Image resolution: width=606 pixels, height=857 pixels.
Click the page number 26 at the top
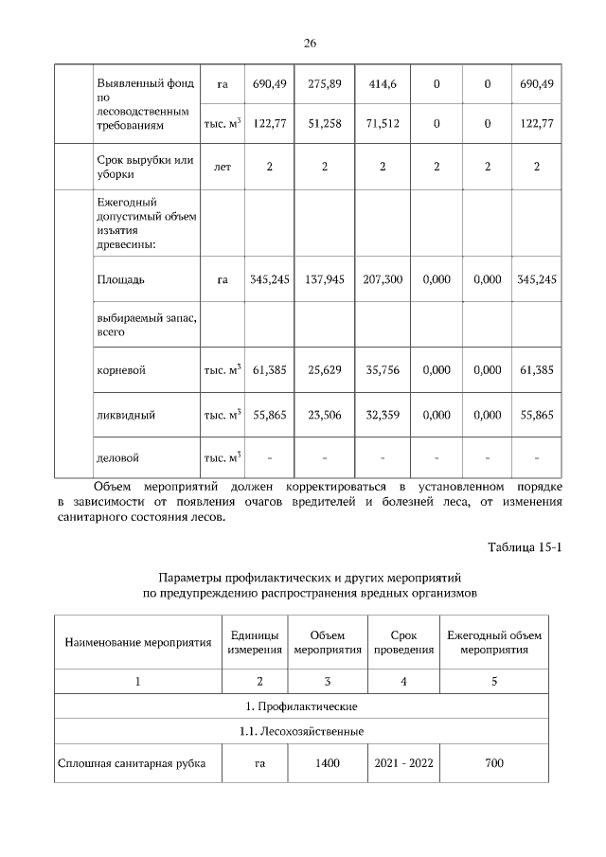[x=309, y=43]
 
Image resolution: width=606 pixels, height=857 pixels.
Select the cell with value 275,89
[x=324, y=84]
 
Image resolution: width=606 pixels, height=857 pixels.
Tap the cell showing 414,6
[x=382, y=84]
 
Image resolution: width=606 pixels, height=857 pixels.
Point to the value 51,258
[x=324, y=123]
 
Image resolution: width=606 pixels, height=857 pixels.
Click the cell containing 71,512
[x=382, y=123]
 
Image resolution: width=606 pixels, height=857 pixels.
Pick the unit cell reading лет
[x=223, y=167]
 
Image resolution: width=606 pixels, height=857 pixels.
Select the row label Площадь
[x=120, y=280]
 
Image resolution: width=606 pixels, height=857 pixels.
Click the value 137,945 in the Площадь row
[x=324, y=280]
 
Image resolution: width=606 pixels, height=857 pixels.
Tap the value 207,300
[x=382, y=280]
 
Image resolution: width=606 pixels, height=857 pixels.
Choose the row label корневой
[x=120, y=370]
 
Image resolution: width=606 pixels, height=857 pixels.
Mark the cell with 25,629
[x=324, y=370]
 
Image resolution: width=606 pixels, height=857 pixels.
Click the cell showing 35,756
[x=382, y=370]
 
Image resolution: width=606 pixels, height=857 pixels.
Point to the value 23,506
[x=324, y=415]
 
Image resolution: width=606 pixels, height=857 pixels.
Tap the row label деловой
[x=117, y=458]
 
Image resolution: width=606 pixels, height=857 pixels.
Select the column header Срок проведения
[x=403, y=642]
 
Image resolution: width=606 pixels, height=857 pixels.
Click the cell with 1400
[x=328, y=763]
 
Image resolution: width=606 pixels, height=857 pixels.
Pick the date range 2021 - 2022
[x=403, y=763]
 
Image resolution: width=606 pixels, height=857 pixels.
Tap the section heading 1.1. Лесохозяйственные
[x=302, y=731]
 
